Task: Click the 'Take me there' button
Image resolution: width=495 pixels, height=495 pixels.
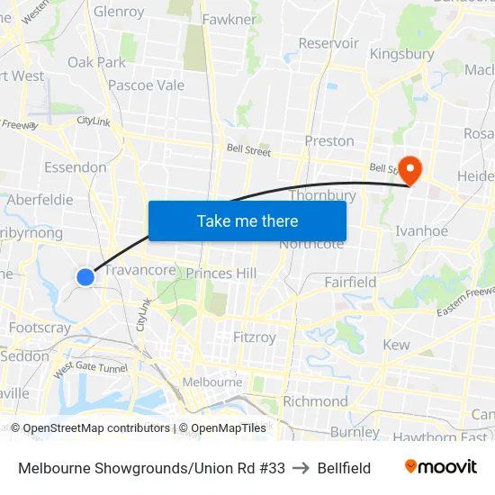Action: coord(247,220)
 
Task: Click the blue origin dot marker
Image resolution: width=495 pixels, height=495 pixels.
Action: coord(85,276)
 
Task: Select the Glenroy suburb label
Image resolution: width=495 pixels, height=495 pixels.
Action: coord(119,12)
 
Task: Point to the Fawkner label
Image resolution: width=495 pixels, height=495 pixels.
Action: coord(229,19)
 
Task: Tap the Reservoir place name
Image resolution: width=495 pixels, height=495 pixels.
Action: coord(328,42)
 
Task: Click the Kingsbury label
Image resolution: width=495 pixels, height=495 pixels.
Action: coord(401,54)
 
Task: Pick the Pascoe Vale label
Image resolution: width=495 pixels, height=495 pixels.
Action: coord(146,85)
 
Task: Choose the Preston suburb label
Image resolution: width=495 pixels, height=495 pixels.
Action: coord(329,141)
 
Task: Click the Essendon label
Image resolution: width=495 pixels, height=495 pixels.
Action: coord(75,166)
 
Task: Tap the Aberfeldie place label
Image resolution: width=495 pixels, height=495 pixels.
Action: coord(40,200)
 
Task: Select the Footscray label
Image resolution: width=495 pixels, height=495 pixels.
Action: coord(40,328)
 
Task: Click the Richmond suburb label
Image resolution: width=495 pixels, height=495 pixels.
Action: coord(315,400)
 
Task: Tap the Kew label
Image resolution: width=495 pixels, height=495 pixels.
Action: coord(396,345)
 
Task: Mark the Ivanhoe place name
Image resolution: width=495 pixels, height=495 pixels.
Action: coord(421,231)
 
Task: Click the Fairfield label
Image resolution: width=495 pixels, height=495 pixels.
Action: coord(350,282)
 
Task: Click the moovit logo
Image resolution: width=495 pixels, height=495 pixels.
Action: coord(440,467)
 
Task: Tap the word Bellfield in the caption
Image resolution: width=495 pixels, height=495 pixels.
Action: coord(344,468)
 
